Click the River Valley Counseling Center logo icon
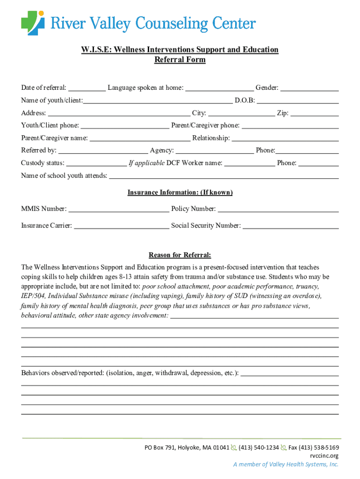(x=33, y=23)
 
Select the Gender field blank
(x=310, y=88)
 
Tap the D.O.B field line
(x=298, y=101)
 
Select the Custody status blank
(x=96, y=163)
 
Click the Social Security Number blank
(x=290, y=226)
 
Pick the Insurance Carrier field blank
(x=122, y=226)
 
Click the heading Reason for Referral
(x=180, y=255)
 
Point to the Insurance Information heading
(x=180, y=193)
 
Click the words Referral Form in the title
(x=180, y=60)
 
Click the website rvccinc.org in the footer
(x=324, y=456)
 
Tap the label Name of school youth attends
(x=64, y=176)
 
